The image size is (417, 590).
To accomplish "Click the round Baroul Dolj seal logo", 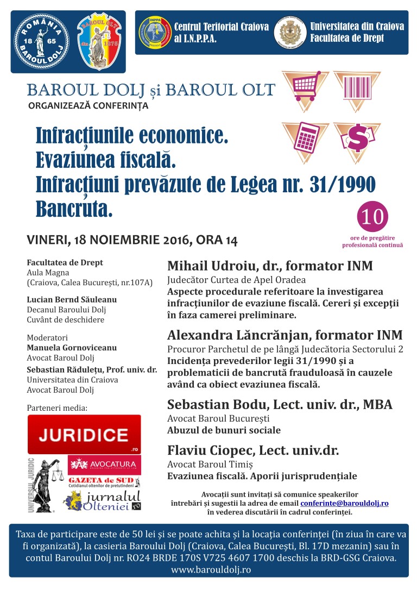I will coord(41,41).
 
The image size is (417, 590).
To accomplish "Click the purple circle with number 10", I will coord(372,216).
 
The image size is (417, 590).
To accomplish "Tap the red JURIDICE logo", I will coord(84,434).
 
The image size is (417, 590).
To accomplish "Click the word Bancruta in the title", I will coord(74,209).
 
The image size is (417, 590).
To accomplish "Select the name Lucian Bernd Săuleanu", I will coord(72,299).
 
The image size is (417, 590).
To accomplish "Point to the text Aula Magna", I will coord(47,272).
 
